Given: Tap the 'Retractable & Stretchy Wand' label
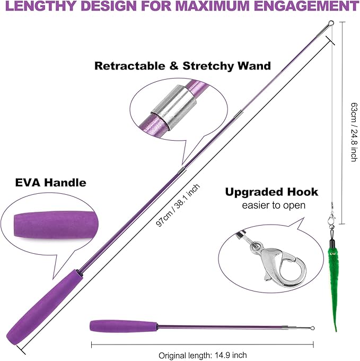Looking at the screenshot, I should coord(182,66).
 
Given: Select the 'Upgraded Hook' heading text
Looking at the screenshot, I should coord(271,192).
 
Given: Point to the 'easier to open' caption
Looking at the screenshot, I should coord(274,205).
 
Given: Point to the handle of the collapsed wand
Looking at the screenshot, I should coord(124,325).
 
